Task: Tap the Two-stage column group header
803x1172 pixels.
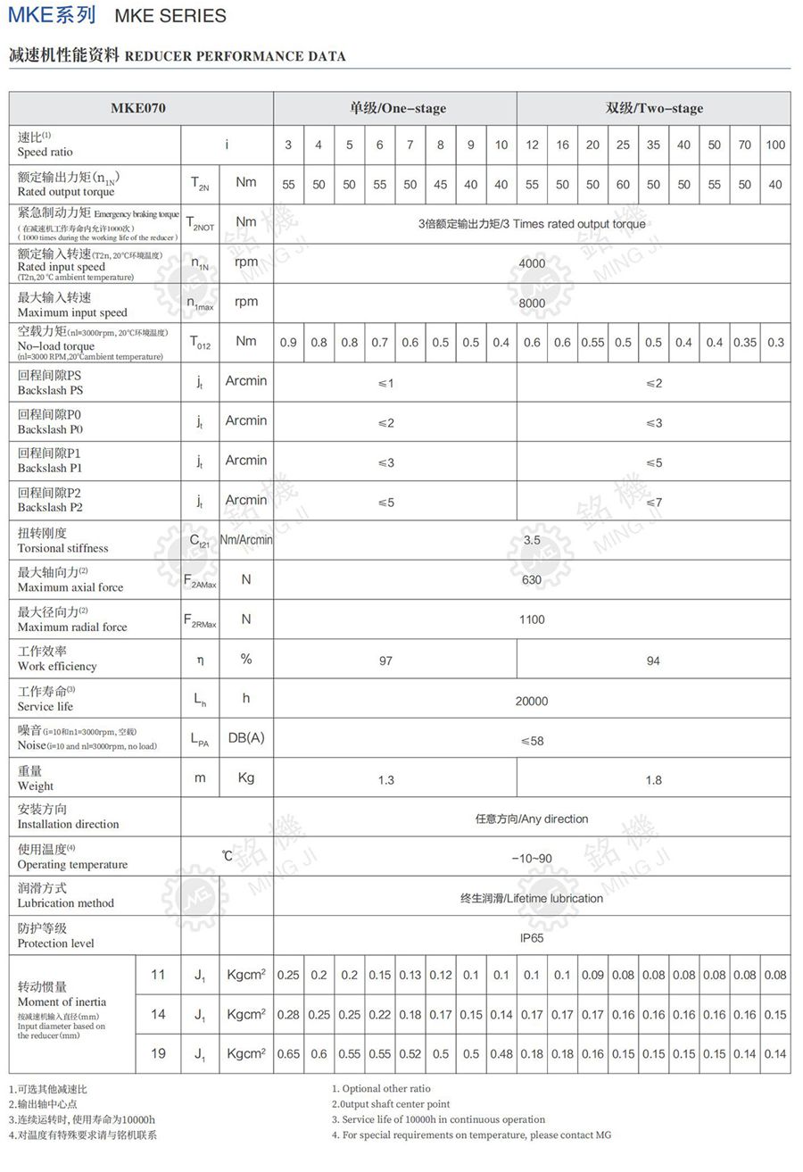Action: pyautogui.click(x=654, y=109)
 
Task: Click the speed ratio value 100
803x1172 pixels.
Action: pyautogui.click(x=775, y=145)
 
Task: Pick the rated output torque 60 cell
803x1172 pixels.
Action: pyautogui.click(x=623, y=185)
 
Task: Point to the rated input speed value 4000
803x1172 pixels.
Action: pyautogui.click(x=532, y=263)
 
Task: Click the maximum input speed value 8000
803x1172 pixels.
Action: pyautogui.click(x=532, y=303)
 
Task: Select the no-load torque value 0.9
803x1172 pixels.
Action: pyautogui.click(x=288, y=343)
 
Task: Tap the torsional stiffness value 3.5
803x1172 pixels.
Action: pyautogui.click(x=532, y=540)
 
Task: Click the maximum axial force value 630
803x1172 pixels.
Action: pyautogui.click(x=532, y=580)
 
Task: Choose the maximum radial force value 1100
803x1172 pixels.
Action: pyautogui.click(x=532, y=619)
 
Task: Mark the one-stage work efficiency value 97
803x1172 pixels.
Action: pyautogui.click(x=385, y=661)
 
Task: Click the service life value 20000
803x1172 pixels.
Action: pyautogui.click(x=532, y=702)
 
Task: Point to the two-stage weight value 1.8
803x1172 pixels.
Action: pyautogui.click(x=654, y=780)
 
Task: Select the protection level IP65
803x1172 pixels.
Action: pyautogui.click(x=532, y=938)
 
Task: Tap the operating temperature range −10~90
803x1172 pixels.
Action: pyautogui.click(x=532, y=859)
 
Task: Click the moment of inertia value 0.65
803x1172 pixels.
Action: pyautogui.click(x=288, y=1054)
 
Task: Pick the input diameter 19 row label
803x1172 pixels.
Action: pyautogui.click(x=158, y=1053)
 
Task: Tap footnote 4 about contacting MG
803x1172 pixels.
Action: pyautogui.click(x=471, y=1135)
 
